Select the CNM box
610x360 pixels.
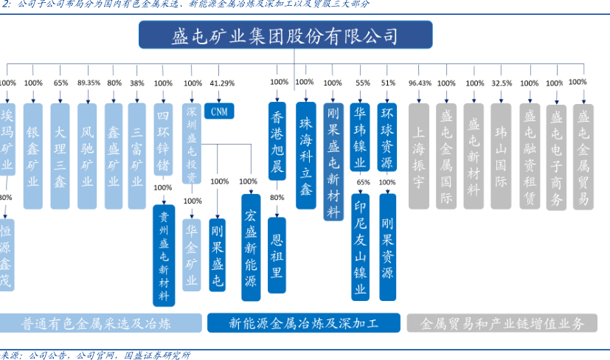coord(218,111)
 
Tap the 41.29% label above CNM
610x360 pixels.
coord(222,83)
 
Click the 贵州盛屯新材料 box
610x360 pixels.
coord(163,255)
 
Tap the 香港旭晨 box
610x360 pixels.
coord(277,148)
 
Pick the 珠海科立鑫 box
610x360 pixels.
coord(305,155)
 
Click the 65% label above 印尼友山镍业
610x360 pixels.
coord(363,182)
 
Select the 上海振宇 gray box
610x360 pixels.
coord(419,156)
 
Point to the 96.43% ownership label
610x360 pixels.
coord(420,83)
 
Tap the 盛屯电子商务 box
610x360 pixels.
coord(557,156)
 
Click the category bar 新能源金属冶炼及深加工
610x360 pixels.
coord(304,323)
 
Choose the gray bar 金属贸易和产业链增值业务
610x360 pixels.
coord(502,323)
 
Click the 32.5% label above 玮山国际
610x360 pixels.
coord(502,83)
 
